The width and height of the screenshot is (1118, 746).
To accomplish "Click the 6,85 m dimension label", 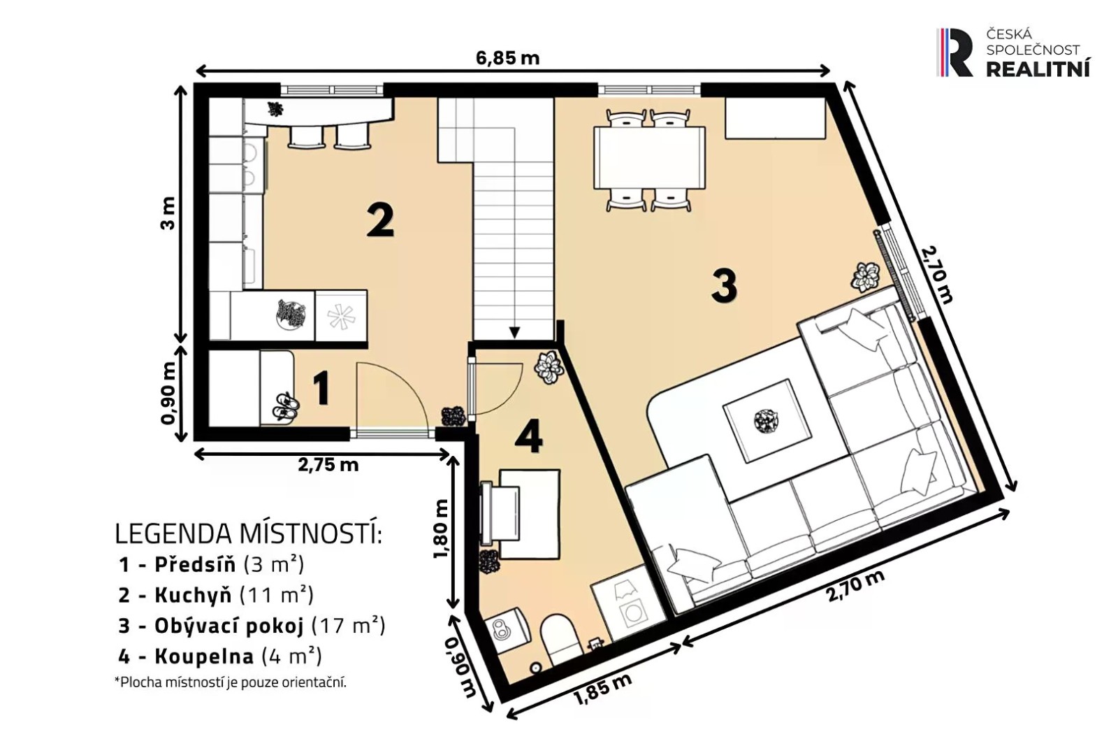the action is (x=507, y=58).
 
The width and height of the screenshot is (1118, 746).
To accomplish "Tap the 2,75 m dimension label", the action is (x=328, y=465).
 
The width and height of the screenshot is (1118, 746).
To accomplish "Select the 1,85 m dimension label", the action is (x=602, y=689).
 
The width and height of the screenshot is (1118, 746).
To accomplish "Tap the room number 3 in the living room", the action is (x=724, y=286).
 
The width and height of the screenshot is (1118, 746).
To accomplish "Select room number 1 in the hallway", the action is (x=321, y=388).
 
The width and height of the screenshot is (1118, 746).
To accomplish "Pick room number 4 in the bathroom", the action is (x=528, y=436).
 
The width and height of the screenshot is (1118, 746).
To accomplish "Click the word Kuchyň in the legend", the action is (x=193, y=595).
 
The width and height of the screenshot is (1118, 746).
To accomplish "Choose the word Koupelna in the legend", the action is (x=204, y=656).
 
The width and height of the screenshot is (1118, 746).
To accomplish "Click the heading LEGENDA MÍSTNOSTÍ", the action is (x=249, y=533).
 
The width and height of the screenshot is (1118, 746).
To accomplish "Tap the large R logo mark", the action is (x=954, y=52).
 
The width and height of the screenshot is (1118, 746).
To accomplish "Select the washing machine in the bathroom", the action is (x=628, y=603).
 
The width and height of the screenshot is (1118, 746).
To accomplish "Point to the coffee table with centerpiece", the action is (x=767, y=420).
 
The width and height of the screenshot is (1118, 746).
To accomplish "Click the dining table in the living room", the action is (x=649, y=158).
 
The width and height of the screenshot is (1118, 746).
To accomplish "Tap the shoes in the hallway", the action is (x=286, y=405).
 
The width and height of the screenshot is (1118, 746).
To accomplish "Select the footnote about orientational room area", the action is (x=230, y=682).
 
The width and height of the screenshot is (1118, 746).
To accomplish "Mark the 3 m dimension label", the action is (x=168, y=213).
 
